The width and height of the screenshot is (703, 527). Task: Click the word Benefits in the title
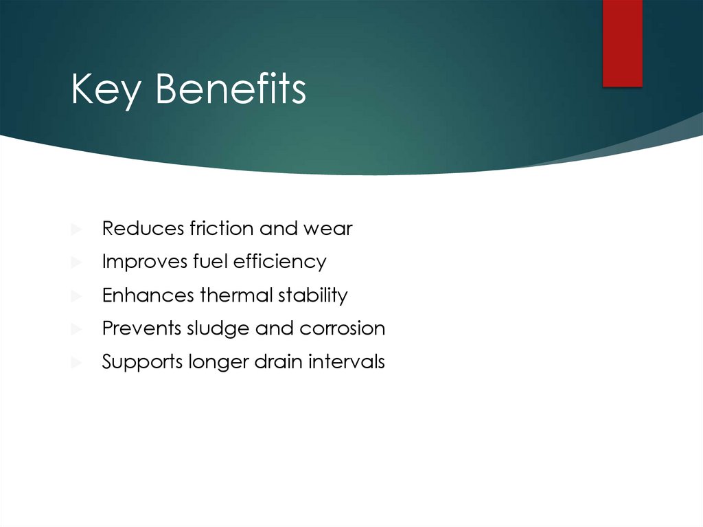pyautogui.click(x=231, y=89)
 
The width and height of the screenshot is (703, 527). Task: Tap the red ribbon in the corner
pyautogui.click(x=622, y=43)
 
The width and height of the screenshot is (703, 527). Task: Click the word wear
pyautogui.click(x=328, y=229)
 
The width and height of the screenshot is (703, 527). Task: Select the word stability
pyautogui.click(x=313, y=295)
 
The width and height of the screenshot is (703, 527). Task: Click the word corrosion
pyautogui.click(x=342, y=328)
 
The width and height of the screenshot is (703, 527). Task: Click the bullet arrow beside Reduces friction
pyautogui.click(x=76, y=229)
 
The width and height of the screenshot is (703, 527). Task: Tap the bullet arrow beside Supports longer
pyautogui.click(x=76, y=362)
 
